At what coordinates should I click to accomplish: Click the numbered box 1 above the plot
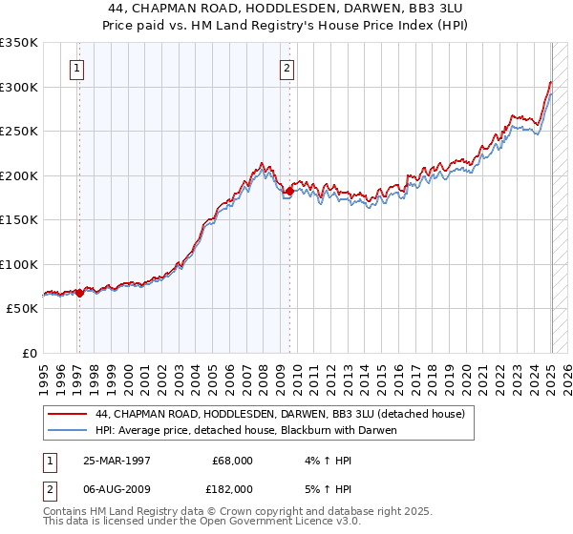click(75, 68)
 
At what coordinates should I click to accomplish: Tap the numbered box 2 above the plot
click(286, 68)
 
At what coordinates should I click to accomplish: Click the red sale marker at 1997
click(80, 294)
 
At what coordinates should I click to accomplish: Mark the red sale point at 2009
click(288, 192)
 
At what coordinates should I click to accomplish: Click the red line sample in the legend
click(69, 414)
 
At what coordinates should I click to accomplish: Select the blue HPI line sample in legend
click(69, 430)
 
